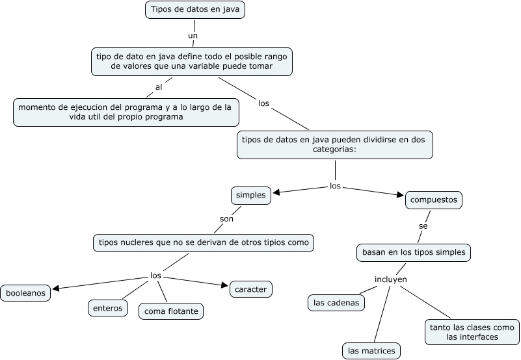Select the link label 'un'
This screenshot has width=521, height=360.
tap(193, 35)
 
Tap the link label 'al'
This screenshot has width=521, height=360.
tap(159, 86)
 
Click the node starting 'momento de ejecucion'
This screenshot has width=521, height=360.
tap(126, 112)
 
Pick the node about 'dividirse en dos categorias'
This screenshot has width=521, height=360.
tap(335, 144)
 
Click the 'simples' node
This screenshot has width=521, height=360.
tap(250, 195)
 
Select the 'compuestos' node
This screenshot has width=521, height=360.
tap(434, 200)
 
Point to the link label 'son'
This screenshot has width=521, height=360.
tap(226, 219)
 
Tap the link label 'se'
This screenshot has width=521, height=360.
tap(423, 225)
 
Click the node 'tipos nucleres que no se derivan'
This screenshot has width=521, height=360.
tap(204, 243)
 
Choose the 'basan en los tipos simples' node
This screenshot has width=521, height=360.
tap(413, 252)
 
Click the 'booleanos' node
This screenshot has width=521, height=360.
tap(26, 293)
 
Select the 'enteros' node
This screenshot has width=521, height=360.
tap(108, 308)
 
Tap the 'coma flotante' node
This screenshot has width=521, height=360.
tap(171, 311)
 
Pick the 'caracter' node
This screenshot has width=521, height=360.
tap(251, 289)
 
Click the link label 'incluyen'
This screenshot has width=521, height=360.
tap(391, 279)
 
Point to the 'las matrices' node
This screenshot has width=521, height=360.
tap(371, 351)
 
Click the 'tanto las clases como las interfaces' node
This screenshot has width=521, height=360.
tap(472, 332)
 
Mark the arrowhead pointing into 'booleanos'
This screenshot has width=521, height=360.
tap(56, 289)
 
